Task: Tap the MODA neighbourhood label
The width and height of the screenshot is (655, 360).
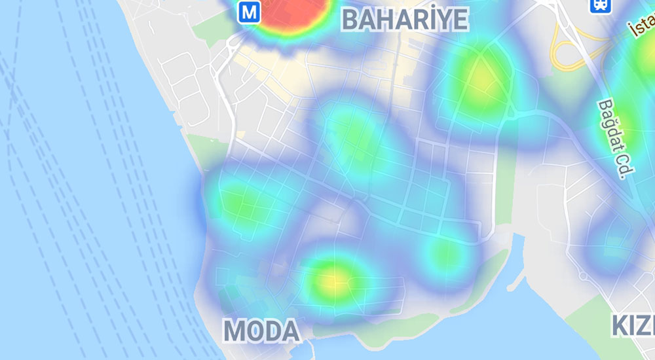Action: tap(261, 331)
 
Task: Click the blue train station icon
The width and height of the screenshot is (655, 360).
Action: tap(599, 6)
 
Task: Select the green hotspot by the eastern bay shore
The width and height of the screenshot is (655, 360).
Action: tap(445, 252)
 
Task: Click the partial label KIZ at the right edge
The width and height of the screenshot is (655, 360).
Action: tap(633, 325)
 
